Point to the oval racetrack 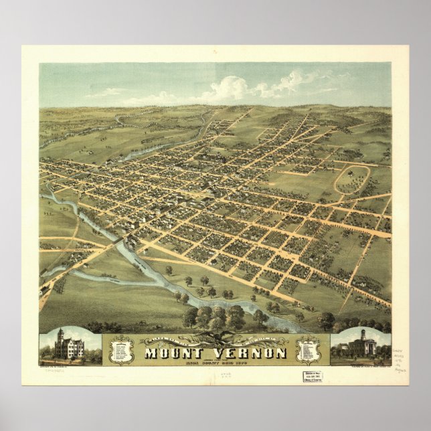point(352,179)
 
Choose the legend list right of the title point(307,350)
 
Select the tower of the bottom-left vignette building point(60,334)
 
